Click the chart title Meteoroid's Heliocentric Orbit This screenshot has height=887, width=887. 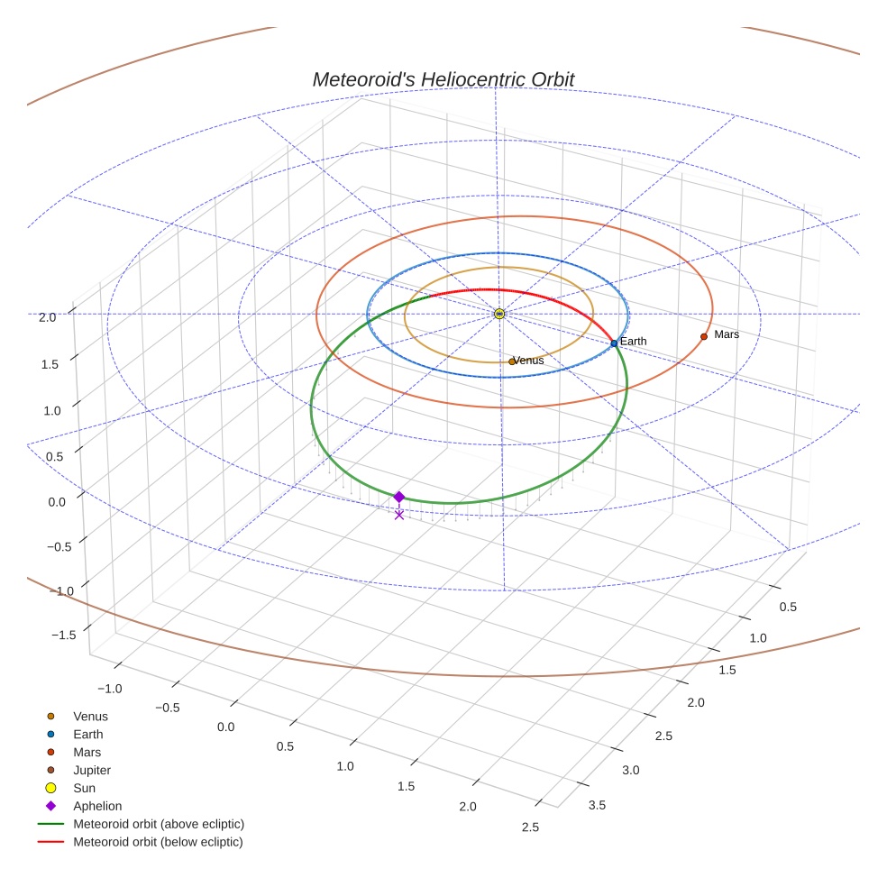coord(443,79)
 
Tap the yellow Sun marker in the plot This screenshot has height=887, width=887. coord(499,314)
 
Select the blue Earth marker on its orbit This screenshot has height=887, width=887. coord(614,343)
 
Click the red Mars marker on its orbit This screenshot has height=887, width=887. coord(704,336)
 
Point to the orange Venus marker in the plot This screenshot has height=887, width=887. coord(512,361)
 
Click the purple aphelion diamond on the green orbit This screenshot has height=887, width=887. coord(399,497)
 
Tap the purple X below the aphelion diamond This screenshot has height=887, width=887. coord(399,515)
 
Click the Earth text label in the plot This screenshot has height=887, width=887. coord(633,342)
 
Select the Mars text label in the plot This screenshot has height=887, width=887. coord(726,334)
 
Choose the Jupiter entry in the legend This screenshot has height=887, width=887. coord(92,770)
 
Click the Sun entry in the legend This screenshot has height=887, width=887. coord(84,788)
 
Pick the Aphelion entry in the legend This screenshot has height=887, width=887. coord(97,806)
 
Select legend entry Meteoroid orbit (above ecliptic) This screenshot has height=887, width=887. coord(159,824)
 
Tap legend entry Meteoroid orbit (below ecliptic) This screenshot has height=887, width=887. coord(158,842)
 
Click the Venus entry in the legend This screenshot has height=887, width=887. coord(90,717)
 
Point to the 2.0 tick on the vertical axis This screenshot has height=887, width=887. coord(48,316)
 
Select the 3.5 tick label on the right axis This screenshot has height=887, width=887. coord(597,804)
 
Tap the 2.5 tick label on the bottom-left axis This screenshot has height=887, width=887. coord(530,828)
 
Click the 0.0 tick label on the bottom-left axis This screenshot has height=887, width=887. coord(225,727)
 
